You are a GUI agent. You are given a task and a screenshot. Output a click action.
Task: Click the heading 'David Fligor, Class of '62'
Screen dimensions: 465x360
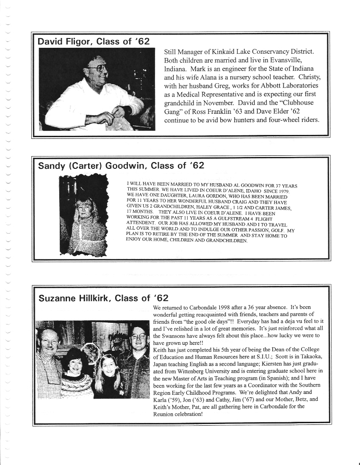[94, 41]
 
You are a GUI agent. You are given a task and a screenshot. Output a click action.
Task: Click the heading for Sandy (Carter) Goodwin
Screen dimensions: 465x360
[121, 165]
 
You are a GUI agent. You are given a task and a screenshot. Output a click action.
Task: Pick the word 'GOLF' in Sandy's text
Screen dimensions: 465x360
[275, 231]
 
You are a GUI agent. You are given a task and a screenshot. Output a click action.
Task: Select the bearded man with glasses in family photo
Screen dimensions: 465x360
[138, 343]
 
